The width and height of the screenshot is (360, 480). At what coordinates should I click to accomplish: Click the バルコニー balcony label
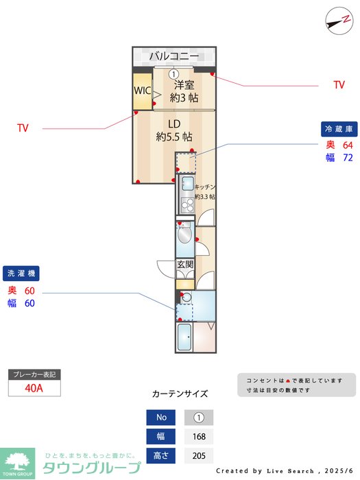coord(174,56)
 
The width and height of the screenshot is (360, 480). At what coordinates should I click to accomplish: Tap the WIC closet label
coord(142,91)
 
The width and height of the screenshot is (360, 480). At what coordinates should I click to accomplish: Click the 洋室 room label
coord(184,85)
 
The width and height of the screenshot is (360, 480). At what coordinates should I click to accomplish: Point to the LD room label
coord(174,124)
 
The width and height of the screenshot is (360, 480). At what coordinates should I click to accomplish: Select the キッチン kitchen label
coord(205,187)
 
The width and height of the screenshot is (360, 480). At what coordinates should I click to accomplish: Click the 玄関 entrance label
coord(185,264)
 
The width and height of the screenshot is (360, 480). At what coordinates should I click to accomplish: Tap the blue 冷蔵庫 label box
coord(339,129)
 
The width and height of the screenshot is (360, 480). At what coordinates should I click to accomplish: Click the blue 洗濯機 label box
coord(21,274)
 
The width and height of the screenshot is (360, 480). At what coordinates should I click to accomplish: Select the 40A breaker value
coord(34,387)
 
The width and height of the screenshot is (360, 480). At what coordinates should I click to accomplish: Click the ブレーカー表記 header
coord(34,374)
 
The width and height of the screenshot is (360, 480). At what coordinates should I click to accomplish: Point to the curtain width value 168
coord(199,437)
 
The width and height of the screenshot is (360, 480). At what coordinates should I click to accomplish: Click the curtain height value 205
coord(199,456)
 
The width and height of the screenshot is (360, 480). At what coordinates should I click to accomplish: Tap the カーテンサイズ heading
coord(180,394)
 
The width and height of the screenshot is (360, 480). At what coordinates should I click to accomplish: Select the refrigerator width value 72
coord(348,158)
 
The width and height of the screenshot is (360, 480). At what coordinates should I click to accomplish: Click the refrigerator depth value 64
coord(348,145)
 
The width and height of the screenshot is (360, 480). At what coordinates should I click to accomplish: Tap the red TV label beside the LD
coord(23,128)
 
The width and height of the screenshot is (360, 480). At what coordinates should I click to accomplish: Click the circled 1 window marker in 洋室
coord(173,74)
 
